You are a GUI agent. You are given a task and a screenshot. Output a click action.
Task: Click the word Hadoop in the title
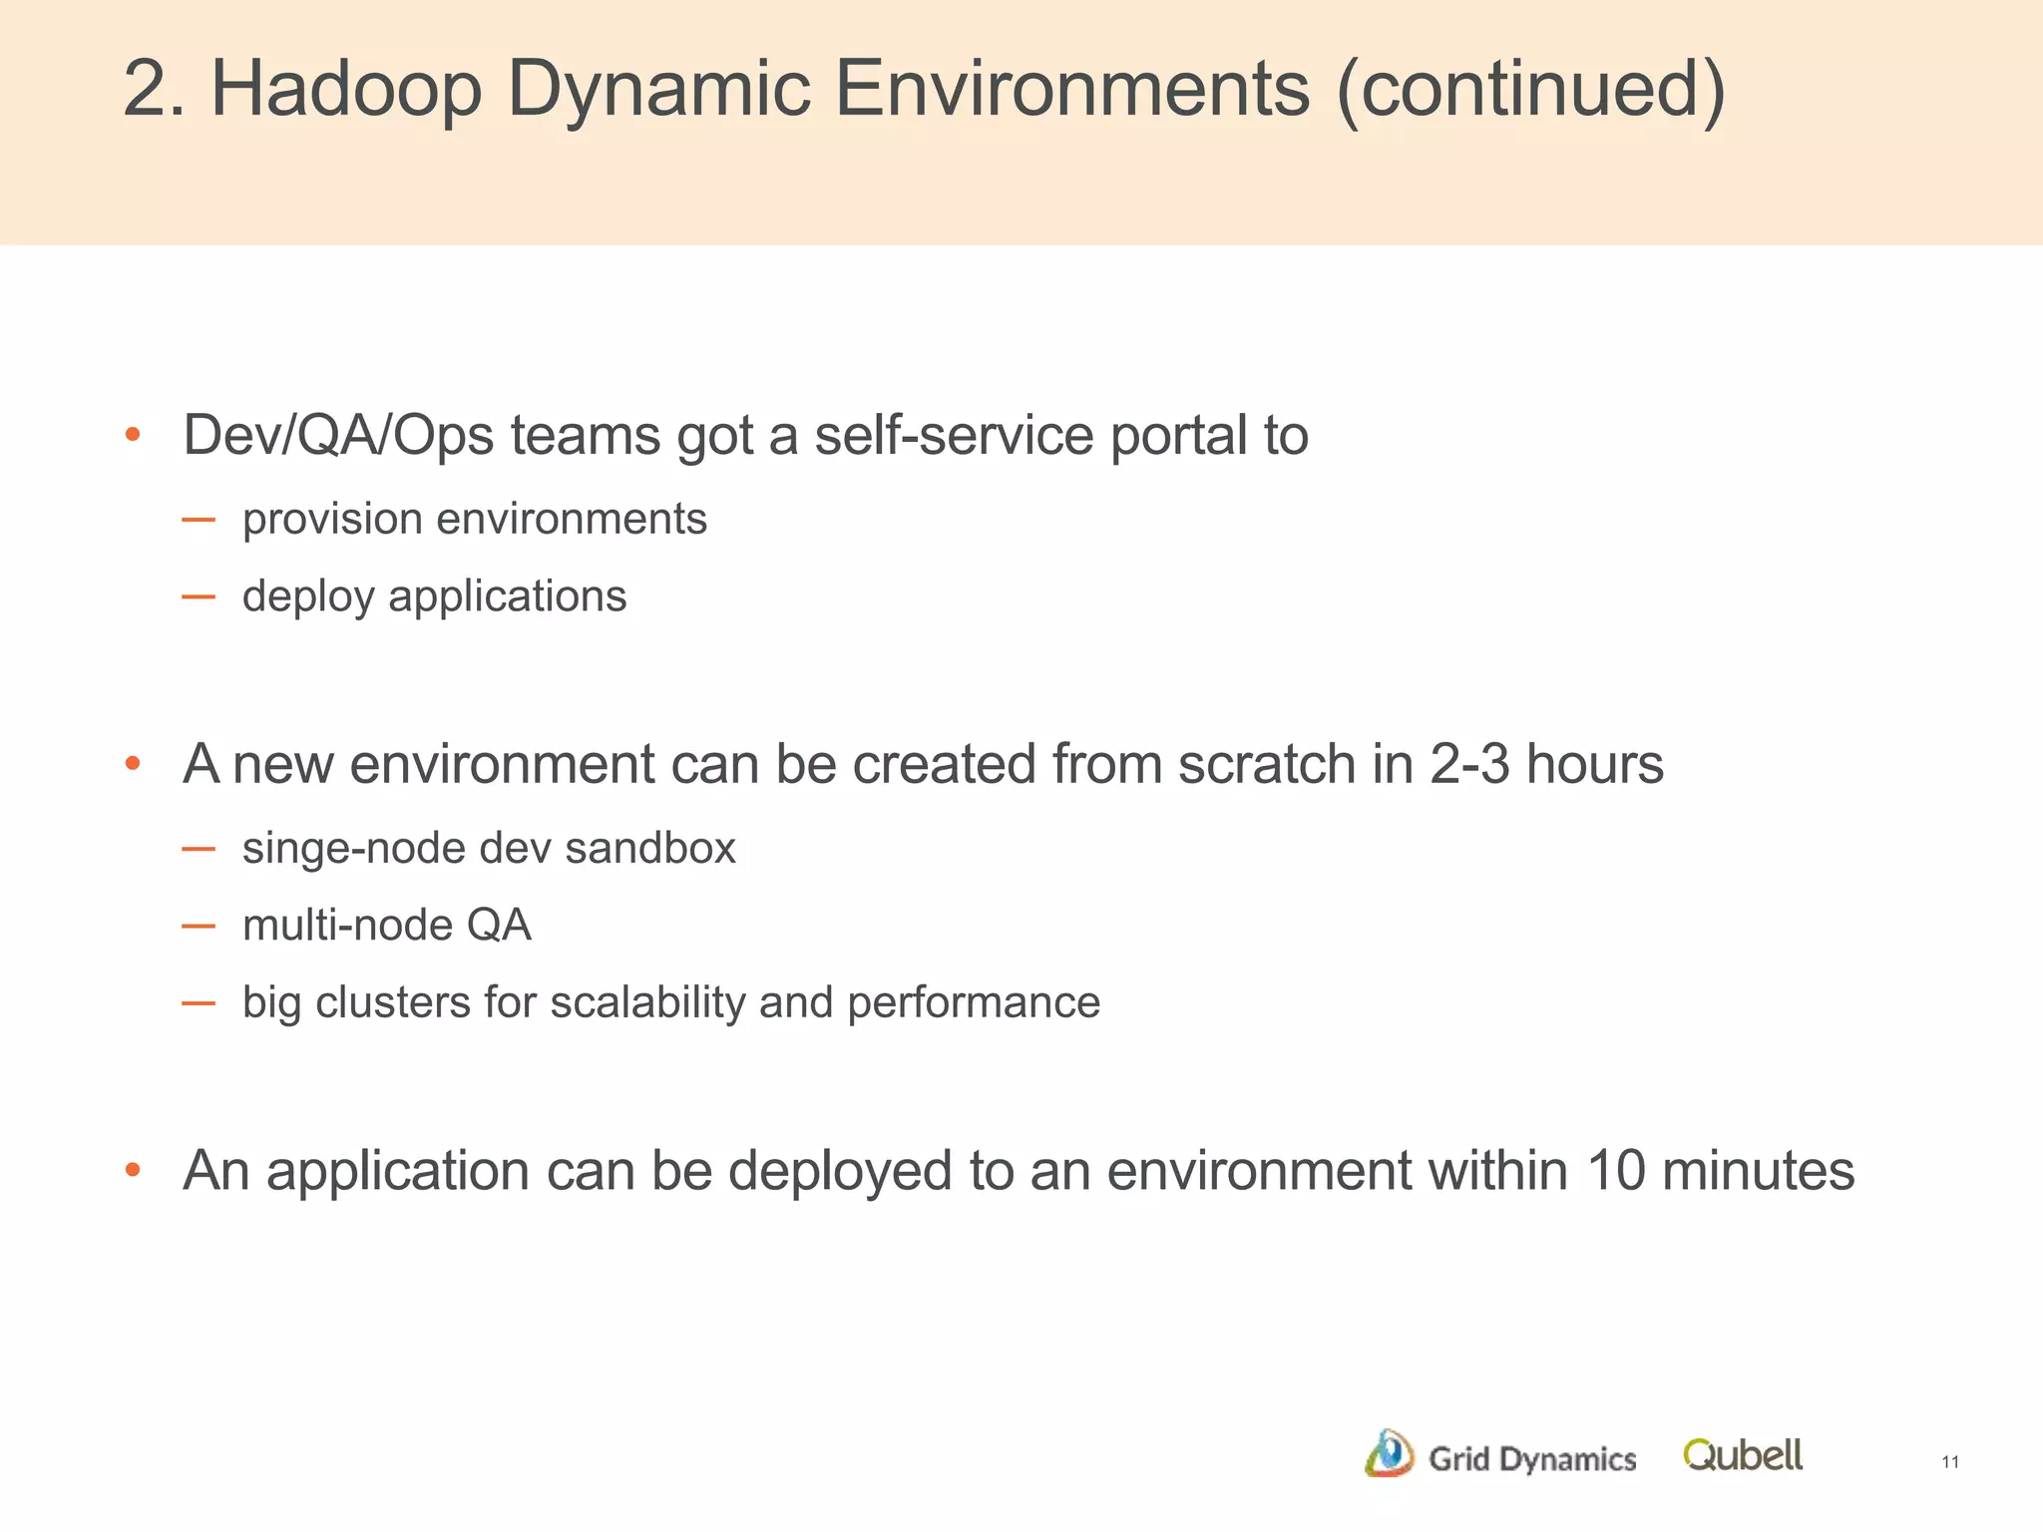click(346, 90)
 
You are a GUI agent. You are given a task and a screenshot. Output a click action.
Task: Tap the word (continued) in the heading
click(1530, 90)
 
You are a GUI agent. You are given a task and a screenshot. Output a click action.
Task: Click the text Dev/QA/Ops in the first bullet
click(338, 436)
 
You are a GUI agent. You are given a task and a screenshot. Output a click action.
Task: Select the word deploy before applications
click(308, 597)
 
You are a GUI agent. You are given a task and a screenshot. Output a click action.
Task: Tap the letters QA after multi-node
click(499, 926)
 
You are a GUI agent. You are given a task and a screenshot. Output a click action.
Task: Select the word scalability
click(647, 1002)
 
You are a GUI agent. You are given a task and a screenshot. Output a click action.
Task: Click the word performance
click(973, 1002)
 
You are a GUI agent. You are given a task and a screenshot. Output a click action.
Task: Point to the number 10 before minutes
click(1615, 1171)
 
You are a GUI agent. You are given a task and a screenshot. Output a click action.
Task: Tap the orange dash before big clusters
click(199, 1003)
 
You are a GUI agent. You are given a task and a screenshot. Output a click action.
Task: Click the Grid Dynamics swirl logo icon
click(1389, 1454)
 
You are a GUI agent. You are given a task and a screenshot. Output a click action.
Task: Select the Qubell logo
click(1742, 1455)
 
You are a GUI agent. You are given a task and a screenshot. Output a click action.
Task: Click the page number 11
click(1950, 1462)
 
